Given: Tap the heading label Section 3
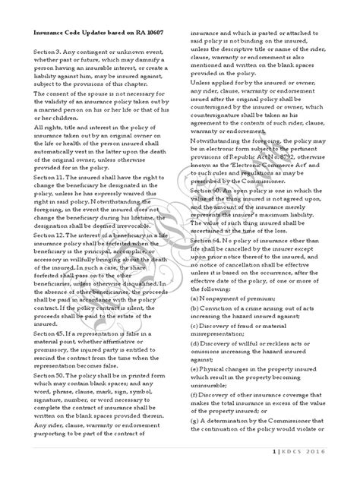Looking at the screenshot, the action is pos(39,52).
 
